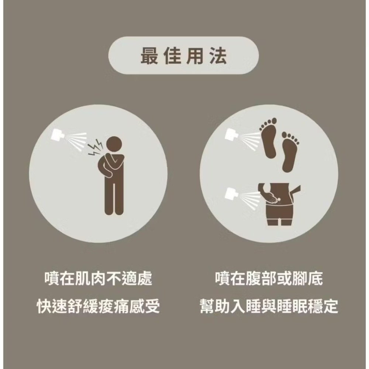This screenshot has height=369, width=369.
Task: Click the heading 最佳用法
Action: click(x=183, y=56)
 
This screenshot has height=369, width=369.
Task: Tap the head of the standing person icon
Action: click(x=115, y=144)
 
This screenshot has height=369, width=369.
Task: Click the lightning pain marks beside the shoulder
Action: click(x=95, y=148)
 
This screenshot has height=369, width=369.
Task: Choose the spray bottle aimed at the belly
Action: click(x=232, y=194)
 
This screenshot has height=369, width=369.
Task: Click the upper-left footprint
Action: click(x=269, y=138)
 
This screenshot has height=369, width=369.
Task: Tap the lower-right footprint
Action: click(x=290, y=151)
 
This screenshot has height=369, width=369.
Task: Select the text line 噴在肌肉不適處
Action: click(x=98, y=279)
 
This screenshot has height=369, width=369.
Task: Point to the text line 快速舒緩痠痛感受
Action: click(x=98, y=306)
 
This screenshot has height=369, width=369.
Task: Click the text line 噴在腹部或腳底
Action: click(x=269, y=279)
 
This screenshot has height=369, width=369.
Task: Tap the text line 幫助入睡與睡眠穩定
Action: click(x=269, y=306)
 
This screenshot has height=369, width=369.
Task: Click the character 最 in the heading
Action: click(x=149, y=56)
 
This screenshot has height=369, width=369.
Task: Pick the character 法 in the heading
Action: click(x=218, y=56)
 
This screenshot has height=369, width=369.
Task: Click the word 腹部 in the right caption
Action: click(x=261, y=279)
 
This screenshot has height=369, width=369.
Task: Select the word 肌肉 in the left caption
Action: click(x=90, y=279)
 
